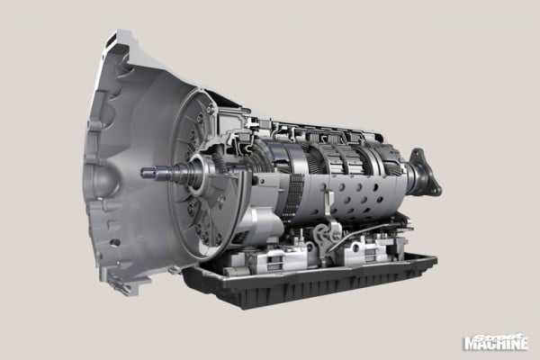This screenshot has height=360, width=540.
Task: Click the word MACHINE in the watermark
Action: point(496,344)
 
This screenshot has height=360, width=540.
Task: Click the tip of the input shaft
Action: point(143,172)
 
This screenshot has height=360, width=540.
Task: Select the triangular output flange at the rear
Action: point(427,172)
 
